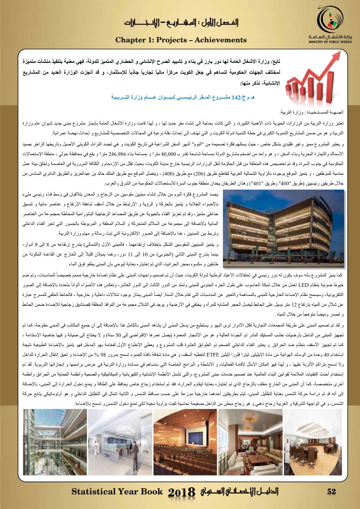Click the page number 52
[331, 492]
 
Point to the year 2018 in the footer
[182, 492]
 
